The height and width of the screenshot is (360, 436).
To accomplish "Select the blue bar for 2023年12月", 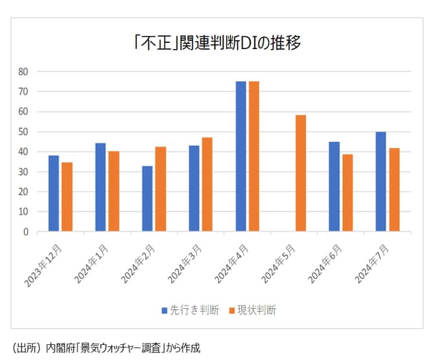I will (x=53, y=194).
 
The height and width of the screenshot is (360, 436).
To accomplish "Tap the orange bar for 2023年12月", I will (x=67, y=197).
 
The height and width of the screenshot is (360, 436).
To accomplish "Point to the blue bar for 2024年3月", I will (x=193, y=189).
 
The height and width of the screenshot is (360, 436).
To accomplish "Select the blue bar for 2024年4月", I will (x=240, y=157).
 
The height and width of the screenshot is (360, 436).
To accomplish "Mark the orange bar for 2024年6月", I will (x=347, y=193).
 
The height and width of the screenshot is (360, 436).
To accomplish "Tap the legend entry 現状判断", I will (x=253, y=310).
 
